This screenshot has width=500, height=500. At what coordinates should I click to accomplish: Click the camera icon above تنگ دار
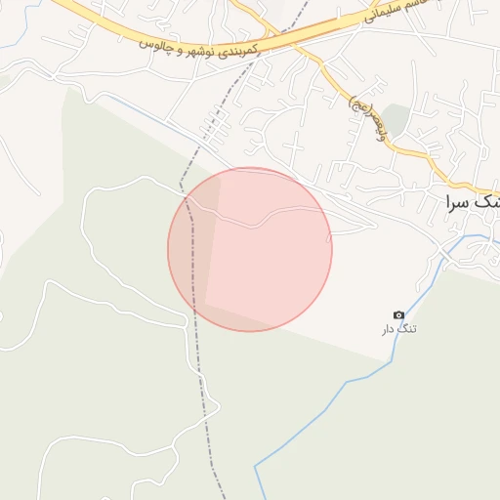click(x=398, y=314)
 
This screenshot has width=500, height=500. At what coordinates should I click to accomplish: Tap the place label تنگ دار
click(x=398, y=329)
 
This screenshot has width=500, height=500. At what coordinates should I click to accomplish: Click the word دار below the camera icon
click(x=389, y=329)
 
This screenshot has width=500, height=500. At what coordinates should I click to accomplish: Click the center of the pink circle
click(x=250, y=249)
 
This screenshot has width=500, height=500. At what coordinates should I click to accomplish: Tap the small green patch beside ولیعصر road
click(x=395, y=119)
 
